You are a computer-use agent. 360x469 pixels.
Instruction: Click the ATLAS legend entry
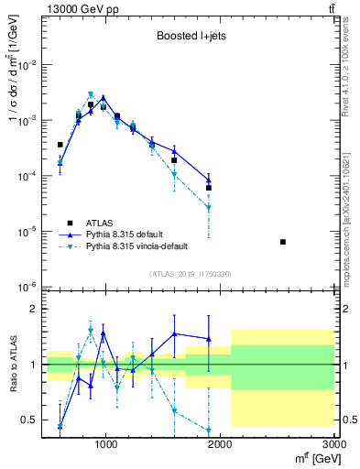coord(100,223)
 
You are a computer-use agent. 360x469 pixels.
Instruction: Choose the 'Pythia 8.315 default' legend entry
coord(129,234)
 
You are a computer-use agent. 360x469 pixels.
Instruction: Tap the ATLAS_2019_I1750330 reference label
coord(190,274)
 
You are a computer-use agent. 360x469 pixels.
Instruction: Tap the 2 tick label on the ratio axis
coord(32,309)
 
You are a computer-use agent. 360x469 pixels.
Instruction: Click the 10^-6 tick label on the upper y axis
coord(25,287)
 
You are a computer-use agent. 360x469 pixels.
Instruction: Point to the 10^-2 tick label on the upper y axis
coord(25,66)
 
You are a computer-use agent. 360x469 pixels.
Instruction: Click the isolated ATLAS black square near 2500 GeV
coord(283,242)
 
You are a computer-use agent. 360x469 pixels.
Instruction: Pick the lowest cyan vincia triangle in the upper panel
coord(209,208)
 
